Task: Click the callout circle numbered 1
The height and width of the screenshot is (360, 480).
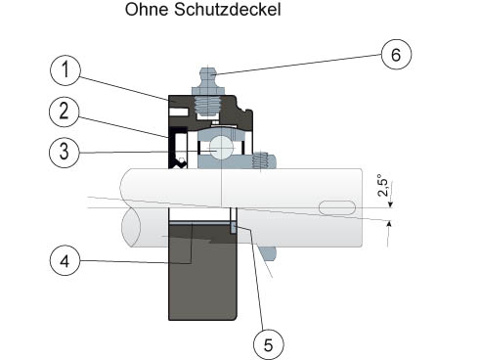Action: [65, 70]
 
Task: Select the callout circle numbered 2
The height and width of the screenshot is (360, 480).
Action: [65, 112]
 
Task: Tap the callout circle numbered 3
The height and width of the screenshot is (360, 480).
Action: [65, 153]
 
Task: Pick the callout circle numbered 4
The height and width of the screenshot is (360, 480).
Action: [65, 260]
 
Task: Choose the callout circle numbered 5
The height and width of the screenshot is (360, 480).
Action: [269, 344]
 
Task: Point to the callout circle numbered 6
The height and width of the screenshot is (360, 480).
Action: [396, 55]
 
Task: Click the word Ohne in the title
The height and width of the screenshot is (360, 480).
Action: [147, 9]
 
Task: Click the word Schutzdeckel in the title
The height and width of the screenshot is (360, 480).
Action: [228, 9]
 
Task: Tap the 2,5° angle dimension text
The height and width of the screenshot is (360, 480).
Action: [383, 186]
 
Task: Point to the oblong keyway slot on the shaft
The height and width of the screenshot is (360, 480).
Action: [337, 207]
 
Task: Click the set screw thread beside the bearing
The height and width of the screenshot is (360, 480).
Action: [260, 160]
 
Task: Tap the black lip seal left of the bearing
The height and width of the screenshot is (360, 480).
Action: [178, 148]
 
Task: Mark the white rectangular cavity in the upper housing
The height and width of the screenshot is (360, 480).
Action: [179, 112]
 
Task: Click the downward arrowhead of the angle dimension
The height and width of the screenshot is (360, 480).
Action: [391, 204]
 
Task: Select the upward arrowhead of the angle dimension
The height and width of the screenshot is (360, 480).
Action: [389, 224]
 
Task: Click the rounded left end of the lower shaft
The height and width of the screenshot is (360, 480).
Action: [131, 226]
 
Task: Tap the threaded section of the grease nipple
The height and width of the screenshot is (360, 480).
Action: [207, 106]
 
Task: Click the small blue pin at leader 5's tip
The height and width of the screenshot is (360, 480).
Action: [234, 227]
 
